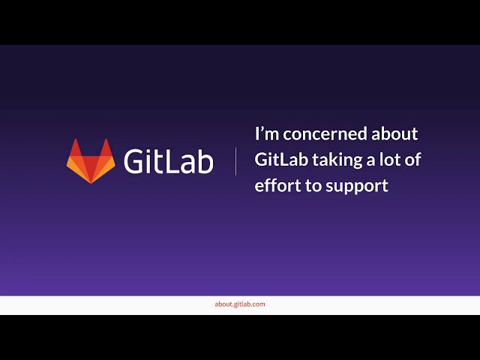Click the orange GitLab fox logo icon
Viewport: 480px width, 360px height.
click(x=91, y=160)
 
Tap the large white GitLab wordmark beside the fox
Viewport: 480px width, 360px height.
click(x=168, y=161)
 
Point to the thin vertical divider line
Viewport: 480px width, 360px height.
click(x=236, y=161)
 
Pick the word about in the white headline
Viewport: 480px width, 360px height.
click(x=394, y=133)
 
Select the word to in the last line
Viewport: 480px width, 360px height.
click(x=311, y=186)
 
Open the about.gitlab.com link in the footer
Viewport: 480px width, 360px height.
click(x=240, y=304)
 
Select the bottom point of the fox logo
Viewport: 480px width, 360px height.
click(x=91, y=182)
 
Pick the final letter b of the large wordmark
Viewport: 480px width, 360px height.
click(x=205, y=161)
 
